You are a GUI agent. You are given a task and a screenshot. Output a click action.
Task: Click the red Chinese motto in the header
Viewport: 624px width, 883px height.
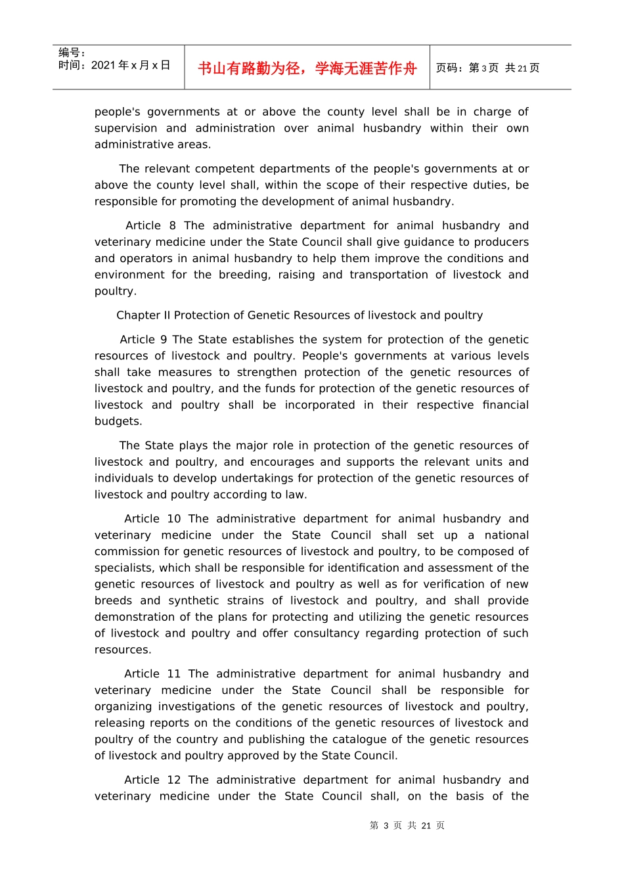click(307, 68)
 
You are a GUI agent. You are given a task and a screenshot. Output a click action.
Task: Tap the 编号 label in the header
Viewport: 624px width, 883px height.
click(72, 53)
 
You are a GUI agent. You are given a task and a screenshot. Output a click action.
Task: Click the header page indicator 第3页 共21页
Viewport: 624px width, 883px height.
click(487, 68)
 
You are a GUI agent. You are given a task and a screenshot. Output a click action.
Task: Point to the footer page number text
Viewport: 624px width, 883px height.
click(407, 825)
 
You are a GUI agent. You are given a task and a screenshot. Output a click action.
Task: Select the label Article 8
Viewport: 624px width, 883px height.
click(150, 225)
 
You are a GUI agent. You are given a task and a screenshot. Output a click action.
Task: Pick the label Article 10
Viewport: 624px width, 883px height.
click(152, 519)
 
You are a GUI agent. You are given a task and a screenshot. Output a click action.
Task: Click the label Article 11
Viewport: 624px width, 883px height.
click(152, 674)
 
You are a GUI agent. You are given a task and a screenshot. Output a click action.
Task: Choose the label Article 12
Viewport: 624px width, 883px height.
click(152, 780)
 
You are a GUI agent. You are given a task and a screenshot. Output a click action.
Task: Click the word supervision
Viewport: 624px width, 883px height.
click(125, 128)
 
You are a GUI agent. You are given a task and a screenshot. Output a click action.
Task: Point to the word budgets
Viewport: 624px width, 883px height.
click(118, 421)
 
